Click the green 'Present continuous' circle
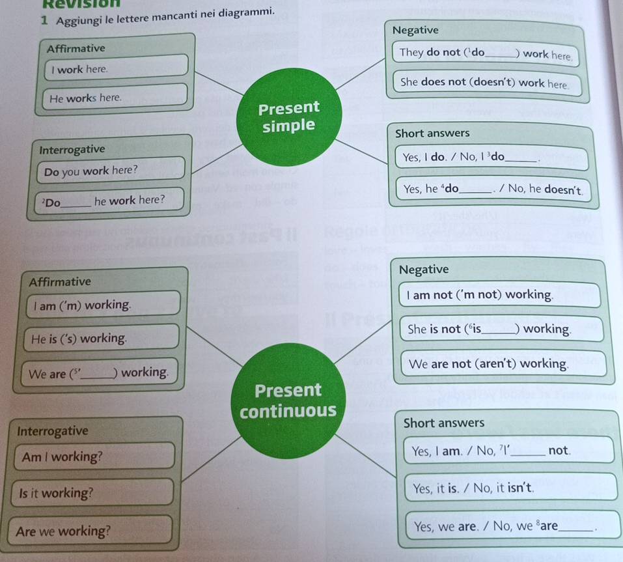tap(288, 400)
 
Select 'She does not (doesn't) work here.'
tap(486, 83)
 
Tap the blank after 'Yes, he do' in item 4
tap(475, 191)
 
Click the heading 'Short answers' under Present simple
tap(432, 133)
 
